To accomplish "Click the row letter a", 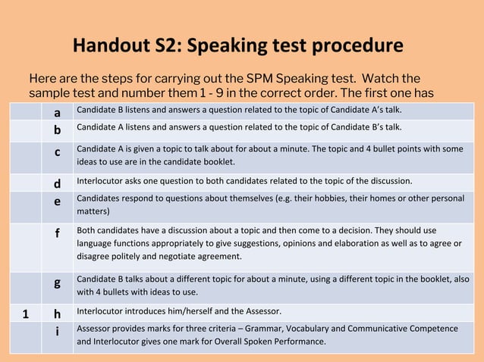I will (x=58, y=113).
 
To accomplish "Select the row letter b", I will (x=58, y=130).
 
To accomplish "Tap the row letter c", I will (x=58, y=152).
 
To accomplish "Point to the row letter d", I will (x=58, y=183).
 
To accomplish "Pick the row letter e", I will (x=58, y=202).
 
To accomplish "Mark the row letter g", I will (x=58, y=282).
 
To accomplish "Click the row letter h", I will (x=58, y=313).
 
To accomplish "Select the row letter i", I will (x=58, y=331).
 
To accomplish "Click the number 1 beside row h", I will (x=25, y=313).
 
